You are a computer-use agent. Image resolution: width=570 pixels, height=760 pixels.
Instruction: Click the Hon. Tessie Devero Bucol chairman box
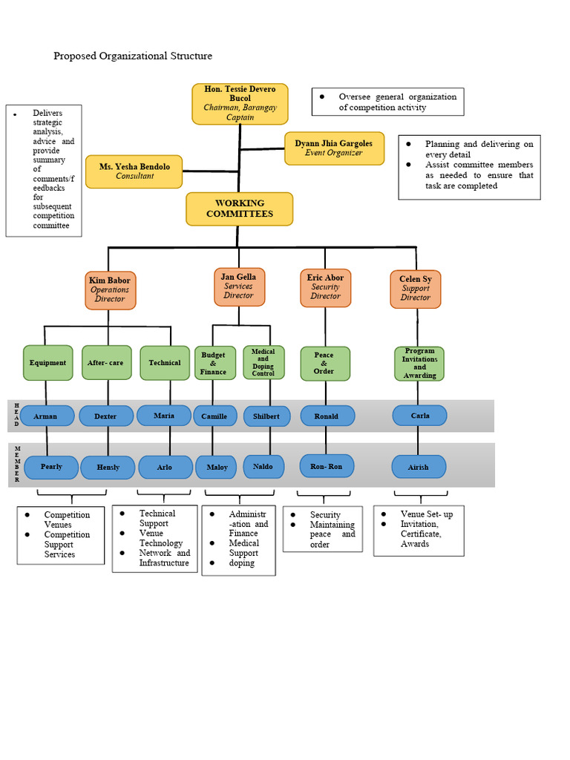[239, 103]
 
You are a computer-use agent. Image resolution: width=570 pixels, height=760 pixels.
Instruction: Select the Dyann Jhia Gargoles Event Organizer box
[334, 148]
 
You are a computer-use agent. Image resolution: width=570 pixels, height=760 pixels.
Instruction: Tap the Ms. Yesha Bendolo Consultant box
[134, 171]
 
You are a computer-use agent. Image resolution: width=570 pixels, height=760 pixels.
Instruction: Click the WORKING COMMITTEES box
[239, 209]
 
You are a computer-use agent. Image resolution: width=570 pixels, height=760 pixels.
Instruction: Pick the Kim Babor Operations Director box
[110, 289]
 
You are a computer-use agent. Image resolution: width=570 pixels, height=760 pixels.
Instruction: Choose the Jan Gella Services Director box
[239, 286]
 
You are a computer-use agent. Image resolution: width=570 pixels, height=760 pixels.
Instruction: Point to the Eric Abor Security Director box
[325, 287]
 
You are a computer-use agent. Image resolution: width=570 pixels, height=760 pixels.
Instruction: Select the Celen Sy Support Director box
[416, 289]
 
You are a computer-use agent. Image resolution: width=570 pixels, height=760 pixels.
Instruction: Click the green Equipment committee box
[47, 363]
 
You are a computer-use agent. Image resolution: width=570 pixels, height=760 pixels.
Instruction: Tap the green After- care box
[106, 363]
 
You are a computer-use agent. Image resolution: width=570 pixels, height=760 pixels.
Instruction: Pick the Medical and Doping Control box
[263, 362]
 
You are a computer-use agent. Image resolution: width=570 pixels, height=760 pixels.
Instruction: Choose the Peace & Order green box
[324, 363]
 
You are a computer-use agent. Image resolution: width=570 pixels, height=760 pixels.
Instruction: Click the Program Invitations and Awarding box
[419, 364]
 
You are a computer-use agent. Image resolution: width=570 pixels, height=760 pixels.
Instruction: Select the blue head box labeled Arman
[47, 416]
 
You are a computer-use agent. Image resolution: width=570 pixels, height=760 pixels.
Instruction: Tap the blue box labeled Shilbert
[266, 416]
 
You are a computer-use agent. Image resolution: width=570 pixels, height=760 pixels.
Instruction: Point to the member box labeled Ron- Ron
[327, 466]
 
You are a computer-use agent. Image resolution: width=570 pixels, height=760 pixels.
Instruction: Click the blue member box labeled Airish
[419, 467]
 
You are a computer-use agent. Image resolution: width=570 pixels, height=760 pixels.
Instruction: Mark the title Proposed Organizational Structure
[133, 56]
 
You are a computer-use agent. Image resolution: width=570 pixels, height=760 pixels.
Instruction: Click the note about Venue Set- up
[419, 530]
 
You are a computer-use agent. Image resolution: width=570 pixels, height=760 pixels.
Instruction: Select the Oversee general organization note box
[387, 102]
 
